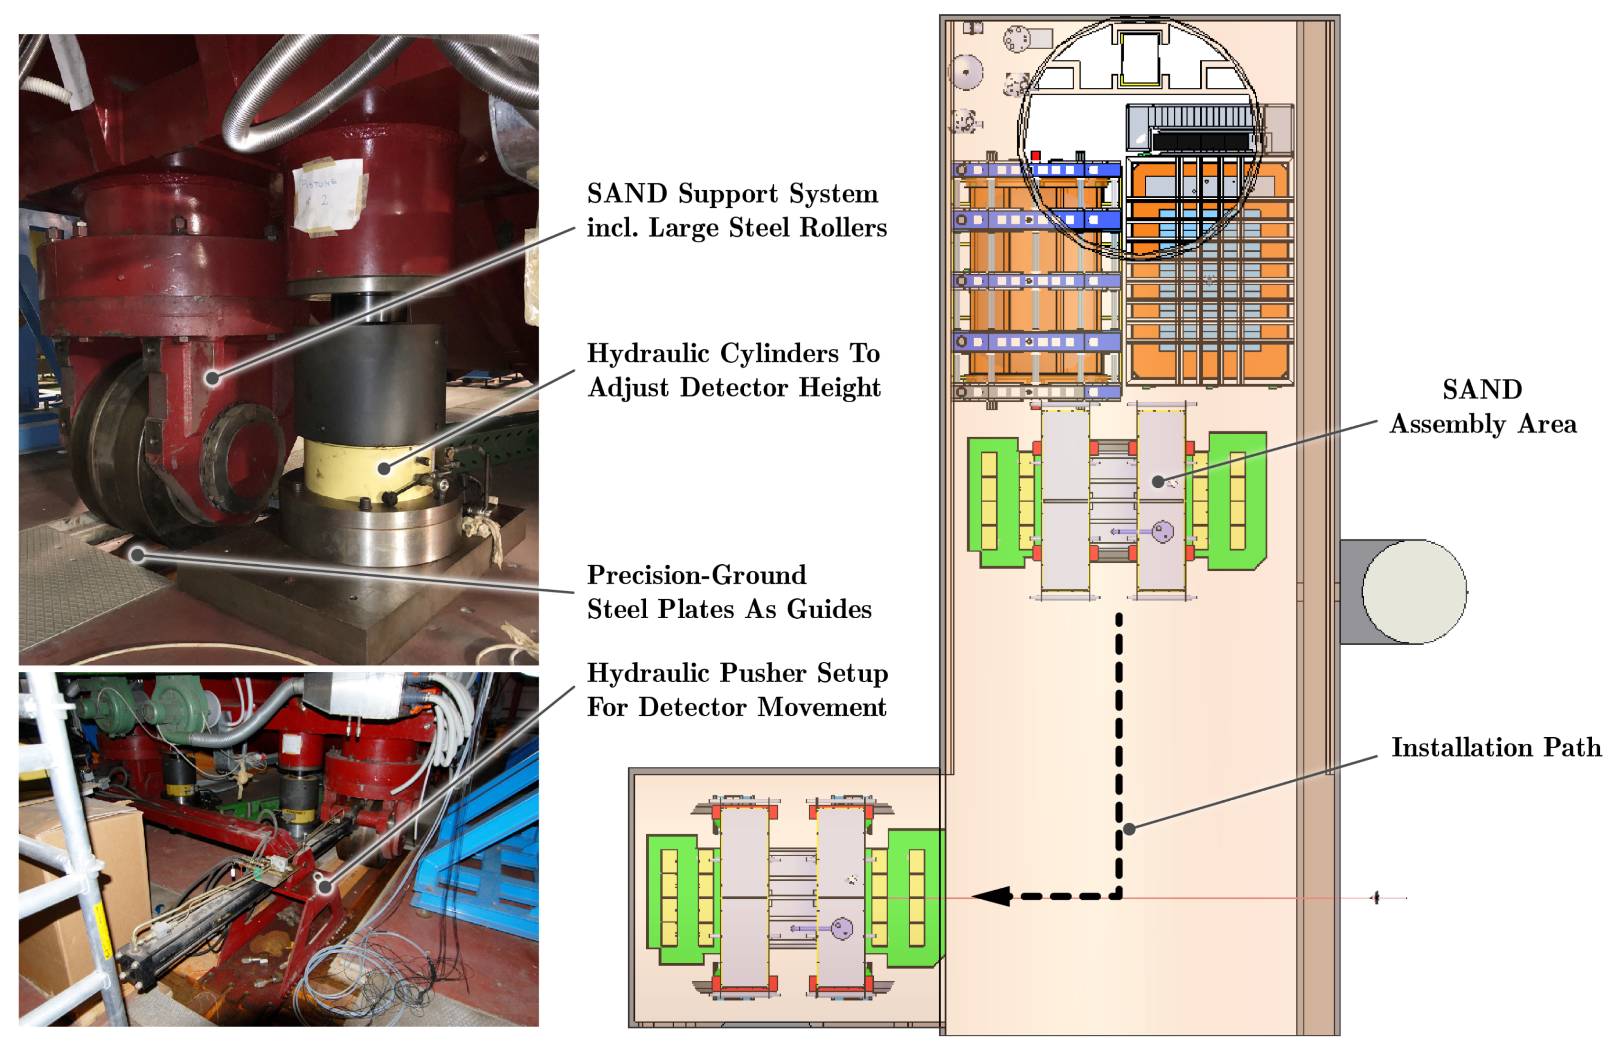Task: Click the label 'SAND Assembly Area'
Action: pos(1482,407)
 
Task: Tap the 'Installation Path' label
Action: pos(1496,747)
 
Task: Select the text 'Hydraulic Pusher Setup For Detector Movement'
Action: pos(737,690)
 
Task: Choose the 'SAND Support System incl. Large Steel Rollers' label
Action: pos(736,210)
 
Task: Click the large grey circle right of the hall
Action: pos(1413,592)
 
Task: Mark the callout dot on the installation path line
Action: pos(1129,829)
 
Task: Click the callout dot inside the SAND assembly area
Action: pos(1158,482)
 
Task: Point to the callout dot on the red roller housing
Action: pos(213,378)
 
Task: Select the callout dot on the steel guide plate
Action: pos(137,555)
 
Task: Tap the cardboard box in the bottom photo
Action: pos(75,884)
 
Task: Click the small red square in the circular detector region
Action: pos(1035,156)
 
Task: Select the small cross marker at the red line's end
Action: pos(1376,898)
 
